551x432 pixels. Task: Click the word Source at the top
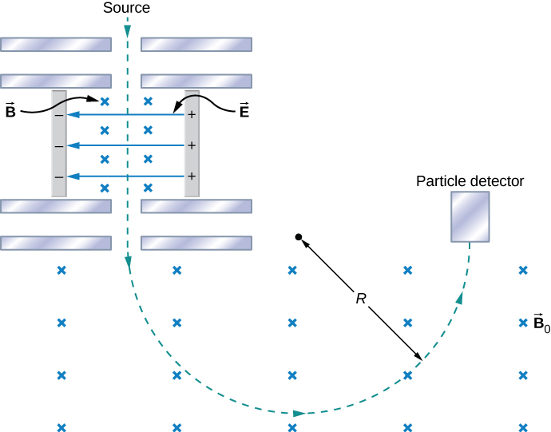tap(126, 8)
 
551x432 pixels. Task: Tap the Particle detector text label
tap(470, 181)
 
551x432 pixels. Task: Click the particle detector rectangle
tap(470, 216)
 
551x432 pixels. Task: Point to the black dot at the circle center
tap(298, 237)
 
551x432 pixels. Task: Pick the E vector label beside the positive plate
tap(244, 111)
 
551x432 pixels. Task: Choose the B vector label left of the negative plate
tap(10, 111)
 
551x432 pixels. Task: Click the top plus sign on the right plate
tap(192, 116)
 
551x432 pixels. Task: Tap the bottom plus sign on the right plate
tap(192, 176)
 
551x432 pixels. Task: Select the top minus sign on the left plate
tap(58, 116)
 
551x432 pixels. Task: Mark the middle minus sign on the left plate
tap(58, 146)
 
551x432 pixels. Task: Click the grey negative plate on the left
tap(58, 144)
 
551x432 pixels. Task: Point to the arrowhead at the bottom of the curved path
tap(299, 413)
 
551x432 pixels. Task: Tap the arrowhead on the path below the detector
tap(460, 298)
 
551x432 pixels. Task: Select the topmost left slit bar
tap(55, 43)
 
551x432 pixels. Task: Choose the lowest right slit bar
tap(196, 243)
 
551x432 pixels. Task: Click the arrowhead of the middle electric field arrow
tap(72, 146)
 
